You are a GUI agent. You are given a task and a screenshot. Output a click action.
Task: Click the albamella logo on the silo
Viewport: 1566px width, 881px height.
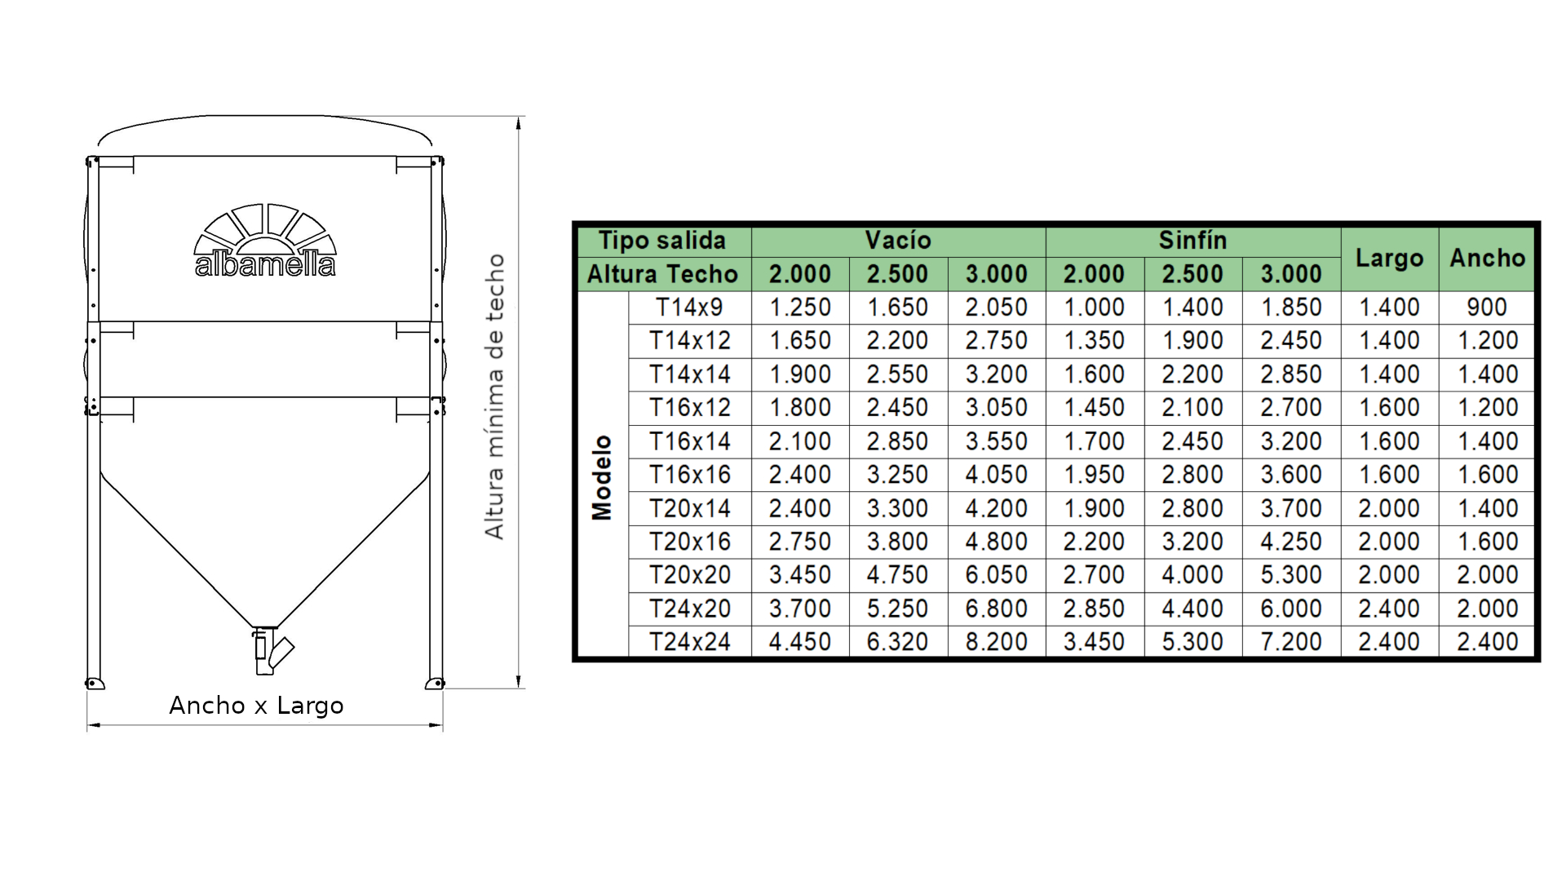[265, 242]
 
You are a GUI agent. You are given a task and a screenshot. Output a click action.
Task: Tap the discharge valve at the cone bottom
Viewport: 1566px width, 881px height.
[269, 651]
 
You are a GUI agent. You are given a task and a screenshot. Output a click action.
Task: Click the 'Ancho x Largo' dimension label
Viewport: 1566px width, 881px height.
[256, 705]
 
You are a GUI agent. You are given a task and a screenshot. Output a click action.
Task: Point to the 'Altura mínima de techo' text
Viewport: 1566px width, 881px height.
[495, 396]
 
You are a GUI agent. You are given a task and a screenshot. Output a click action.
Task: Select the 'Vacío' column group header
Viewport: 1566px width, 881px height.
[898, 241]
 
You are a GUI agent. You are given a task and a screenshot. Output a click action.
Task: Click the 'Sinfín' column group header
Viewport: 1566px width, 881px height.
[1192, 241]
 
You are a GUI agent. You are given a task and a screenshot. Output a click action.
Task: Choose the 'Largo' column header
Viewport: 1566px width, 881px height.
[1389, 258]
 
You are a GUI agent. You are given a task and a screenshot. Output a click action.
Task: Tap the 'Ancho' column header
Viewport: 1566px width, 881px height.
[1487, 258]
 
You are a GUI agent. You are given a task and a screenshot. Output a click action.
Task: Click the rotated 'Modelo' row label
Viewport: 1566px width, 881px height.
[602, 477]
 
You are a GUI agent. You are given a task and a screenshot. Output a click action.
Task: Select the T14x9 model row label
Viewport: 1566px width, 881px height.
[689, 308]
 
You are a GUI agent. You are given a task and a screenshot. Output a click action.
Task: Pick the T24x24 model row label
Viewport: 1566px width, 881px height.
[689, 642]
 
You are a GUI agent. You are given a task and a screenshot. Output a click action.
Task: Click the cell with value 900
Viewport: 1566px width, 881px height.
[1487, 308]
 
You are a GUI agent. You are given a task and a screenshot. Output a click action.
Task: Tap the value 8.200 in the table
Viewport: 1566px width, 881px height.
[996, 642]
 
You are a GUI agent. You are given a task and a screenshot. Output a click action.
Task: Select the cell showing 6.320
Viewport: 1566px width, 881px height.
[897, 642]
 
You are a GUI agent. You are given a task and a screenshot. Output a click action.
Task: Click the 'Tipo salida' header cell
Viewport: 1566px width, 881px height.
[662, 241]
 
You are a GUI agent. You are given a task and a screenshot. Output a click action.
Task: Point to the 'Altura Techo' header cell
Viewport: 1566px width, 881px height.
[662, 275]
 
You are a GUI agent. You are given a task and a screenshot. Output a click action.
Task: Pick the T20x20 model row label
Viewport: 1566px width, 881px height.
[689, 575]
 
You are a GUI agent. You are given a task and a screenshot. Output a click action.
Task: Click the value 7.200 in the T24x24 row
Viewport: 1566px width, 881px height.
[1291, 642]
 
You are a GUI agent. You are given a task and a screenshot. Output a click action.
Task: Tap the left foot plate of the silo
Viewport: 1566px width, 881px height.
[95, 684]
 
